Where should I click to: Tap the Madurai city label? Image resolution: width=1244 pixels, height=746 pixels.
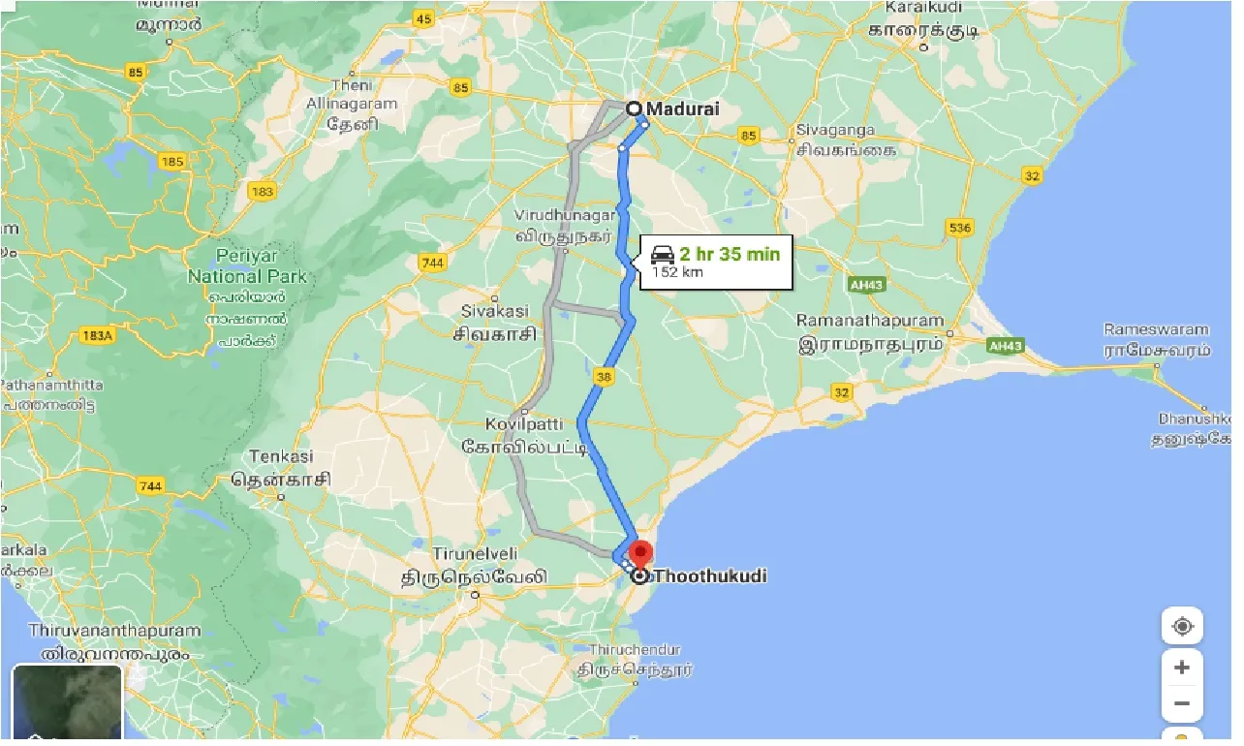point(684,109)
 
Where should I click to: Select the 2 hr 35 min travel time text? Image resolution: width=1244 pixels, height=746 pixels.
point(729,255)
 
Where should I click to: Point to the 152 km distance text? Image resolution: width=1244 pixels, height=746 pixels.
point(678,272)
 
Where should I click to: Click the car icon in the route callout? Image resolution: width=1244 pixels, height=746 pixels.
point(662,255)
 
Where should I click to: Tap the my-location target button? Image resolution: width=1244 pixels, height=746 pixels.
point(1182,626)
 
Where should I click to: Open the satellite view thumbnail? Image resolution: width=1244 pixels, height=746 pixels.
point(67,701)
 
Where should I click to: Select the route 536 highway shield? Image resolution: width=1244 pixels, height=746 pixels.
point(959,228)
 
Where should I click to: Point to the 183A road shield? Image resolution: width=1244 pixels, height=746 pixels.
point(98,335)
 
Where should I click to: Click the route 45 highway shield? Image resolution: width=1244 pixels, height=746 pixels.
point(423,17)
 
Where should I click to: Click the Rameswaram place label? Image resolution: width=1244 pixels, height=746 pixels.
point(1157,329)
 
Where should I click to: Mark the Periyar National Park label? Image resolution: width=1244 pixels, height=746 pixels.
point(247,267)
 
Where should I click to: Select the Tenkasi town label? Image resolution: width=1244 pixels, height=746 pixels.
point(281,456)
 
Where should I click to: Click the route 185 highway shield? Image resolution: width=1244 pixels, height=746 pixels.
point(174,163)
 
